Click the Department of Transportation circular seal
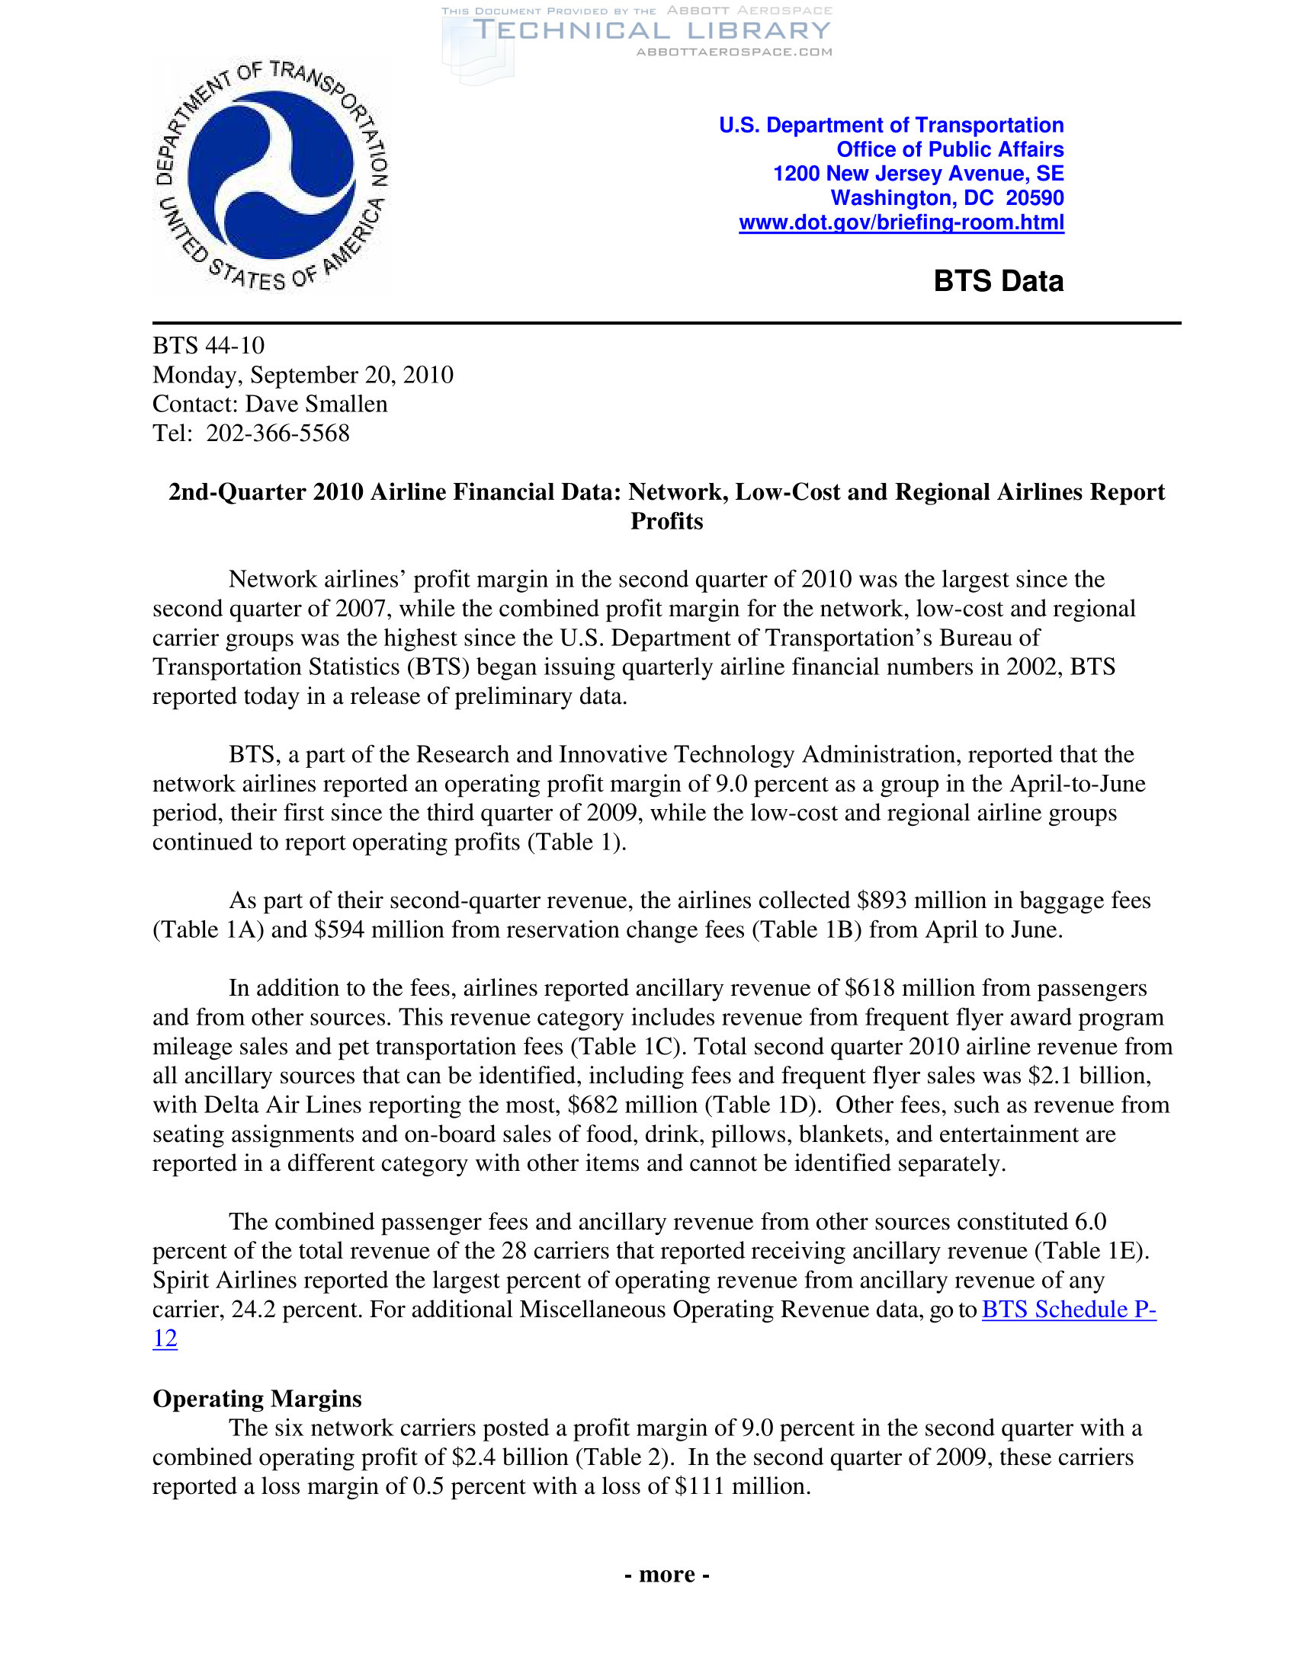click(x=272, y=175)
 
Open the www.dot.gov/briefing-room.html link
click(x=900, y=222)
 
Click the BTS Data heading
click(x=998, y=281)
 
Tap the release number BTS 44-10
click(x=208, y=345)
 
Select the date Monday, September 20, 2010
click(x=303, y=375)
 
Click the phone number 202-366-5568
click(x=278, y=433)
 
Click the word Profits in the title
click(x=666, y=521)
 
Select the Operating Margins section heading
click(x=257, y=1398)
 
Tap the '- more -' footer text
click(x=666, y=1574)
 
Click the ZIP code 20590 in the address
click(x=1035, y=198)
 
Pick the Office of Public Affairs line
click(x=950, y=149)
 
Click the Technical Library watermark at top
click(x=651, y=30)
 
